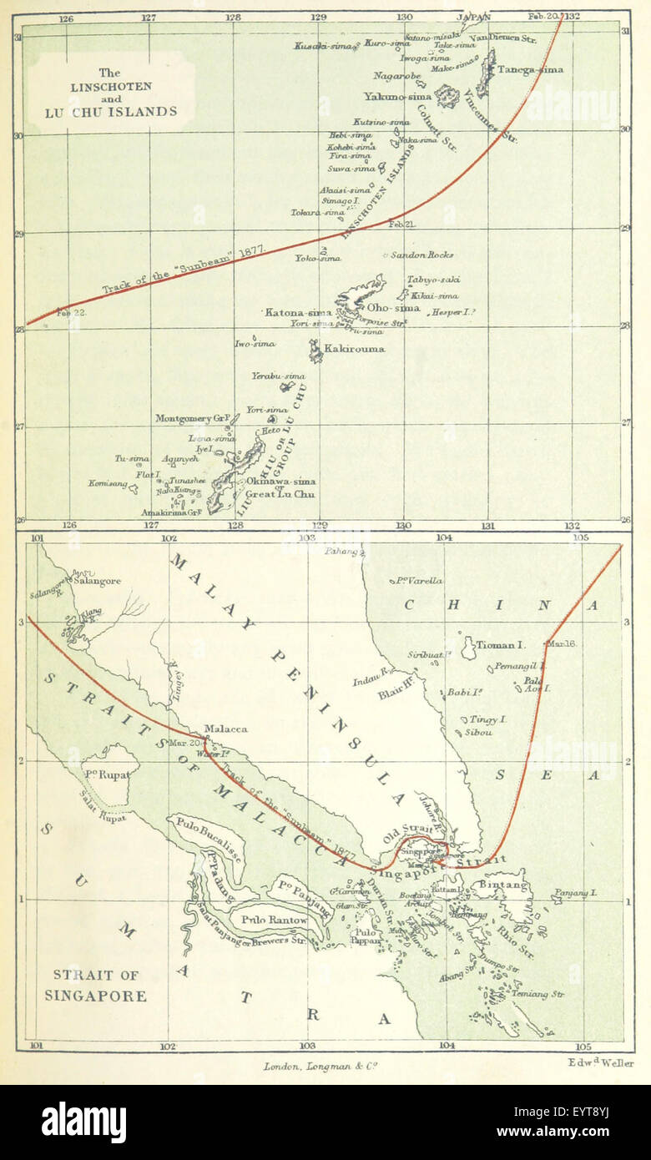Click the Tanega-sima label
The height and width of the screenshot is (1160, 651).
tap(530, 69)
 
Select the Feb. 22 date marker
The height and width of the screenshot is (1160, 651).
tap(71, 313)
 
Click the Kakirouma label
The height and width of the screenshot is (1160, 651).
tap(355, 348)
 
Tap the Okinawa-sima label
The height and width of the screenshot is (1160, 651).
tap(280, 482)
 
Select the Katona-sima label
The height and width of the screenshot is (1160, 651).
tap(299, 312)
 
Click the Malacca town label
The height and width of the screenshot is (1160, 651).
tap(225, 729)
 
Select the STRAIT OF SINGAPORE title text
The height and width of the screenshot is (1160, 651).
tap(99, 985)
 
